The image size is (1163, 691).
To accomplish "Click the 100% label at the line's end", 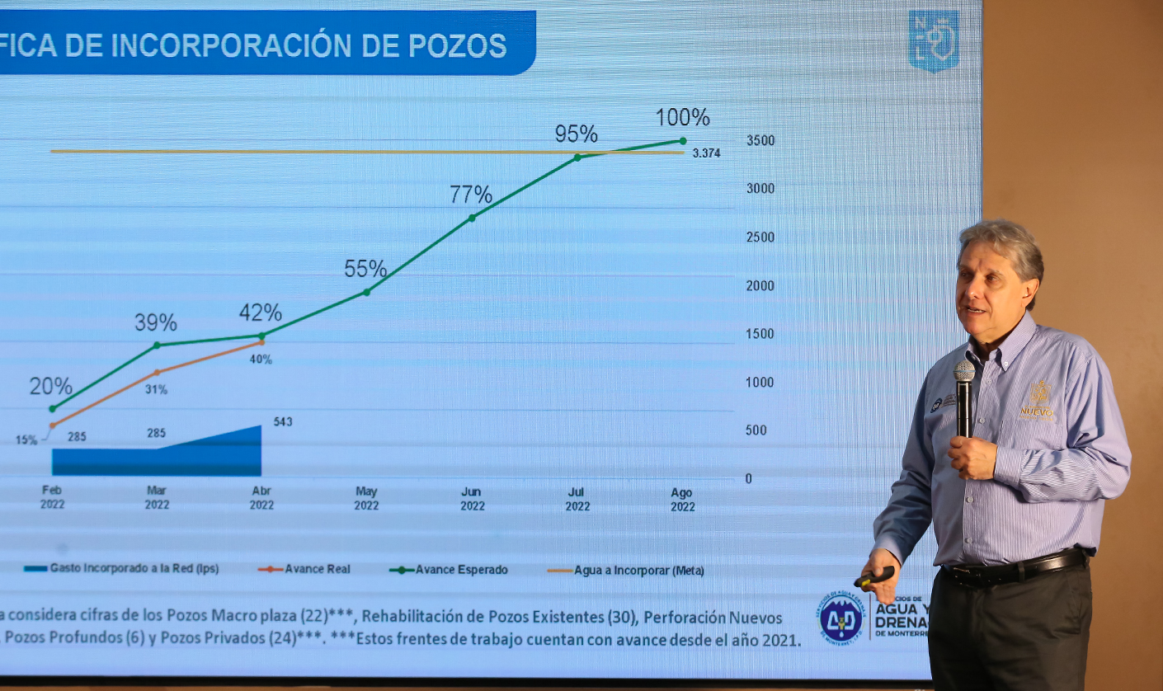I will (x=682, y=118).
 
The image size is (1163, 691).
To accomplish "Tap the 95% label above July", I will (x=576, y=134).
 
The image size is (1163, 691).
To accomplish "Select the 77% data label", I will (x=471, y=195).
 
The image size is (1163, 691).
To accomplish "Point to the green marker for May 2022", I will (x=366, y=292).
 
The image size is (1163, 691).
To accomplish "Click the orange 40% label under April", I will (x=261, y=360).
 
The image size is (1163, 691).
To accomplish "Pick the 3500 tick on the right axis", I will (x=760, y=141).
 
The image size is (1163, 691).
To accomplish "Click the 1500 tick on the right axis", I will (x=760, y=334).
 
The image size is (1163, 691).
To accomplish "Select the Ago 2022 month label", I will (x=682, y=500).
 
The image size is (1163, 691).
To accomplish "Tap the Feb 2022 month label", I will (x=52, y=497).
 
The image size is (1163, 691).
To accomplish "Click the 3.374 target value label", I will (x=706, y=153).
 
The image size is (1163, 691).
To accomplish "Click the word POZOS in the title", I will (x=458, y=46).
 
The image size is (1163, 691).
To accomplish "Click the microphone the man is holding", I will (x=963, y=396).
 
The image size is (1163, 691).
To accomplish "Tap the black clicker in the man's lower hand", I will (x=875, y=576).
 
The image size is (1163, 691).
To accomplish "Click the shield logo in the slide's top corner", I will (x=933, y=40).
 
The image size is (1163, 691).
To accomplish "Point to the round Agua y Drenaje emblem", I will (x=840, y=618).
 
